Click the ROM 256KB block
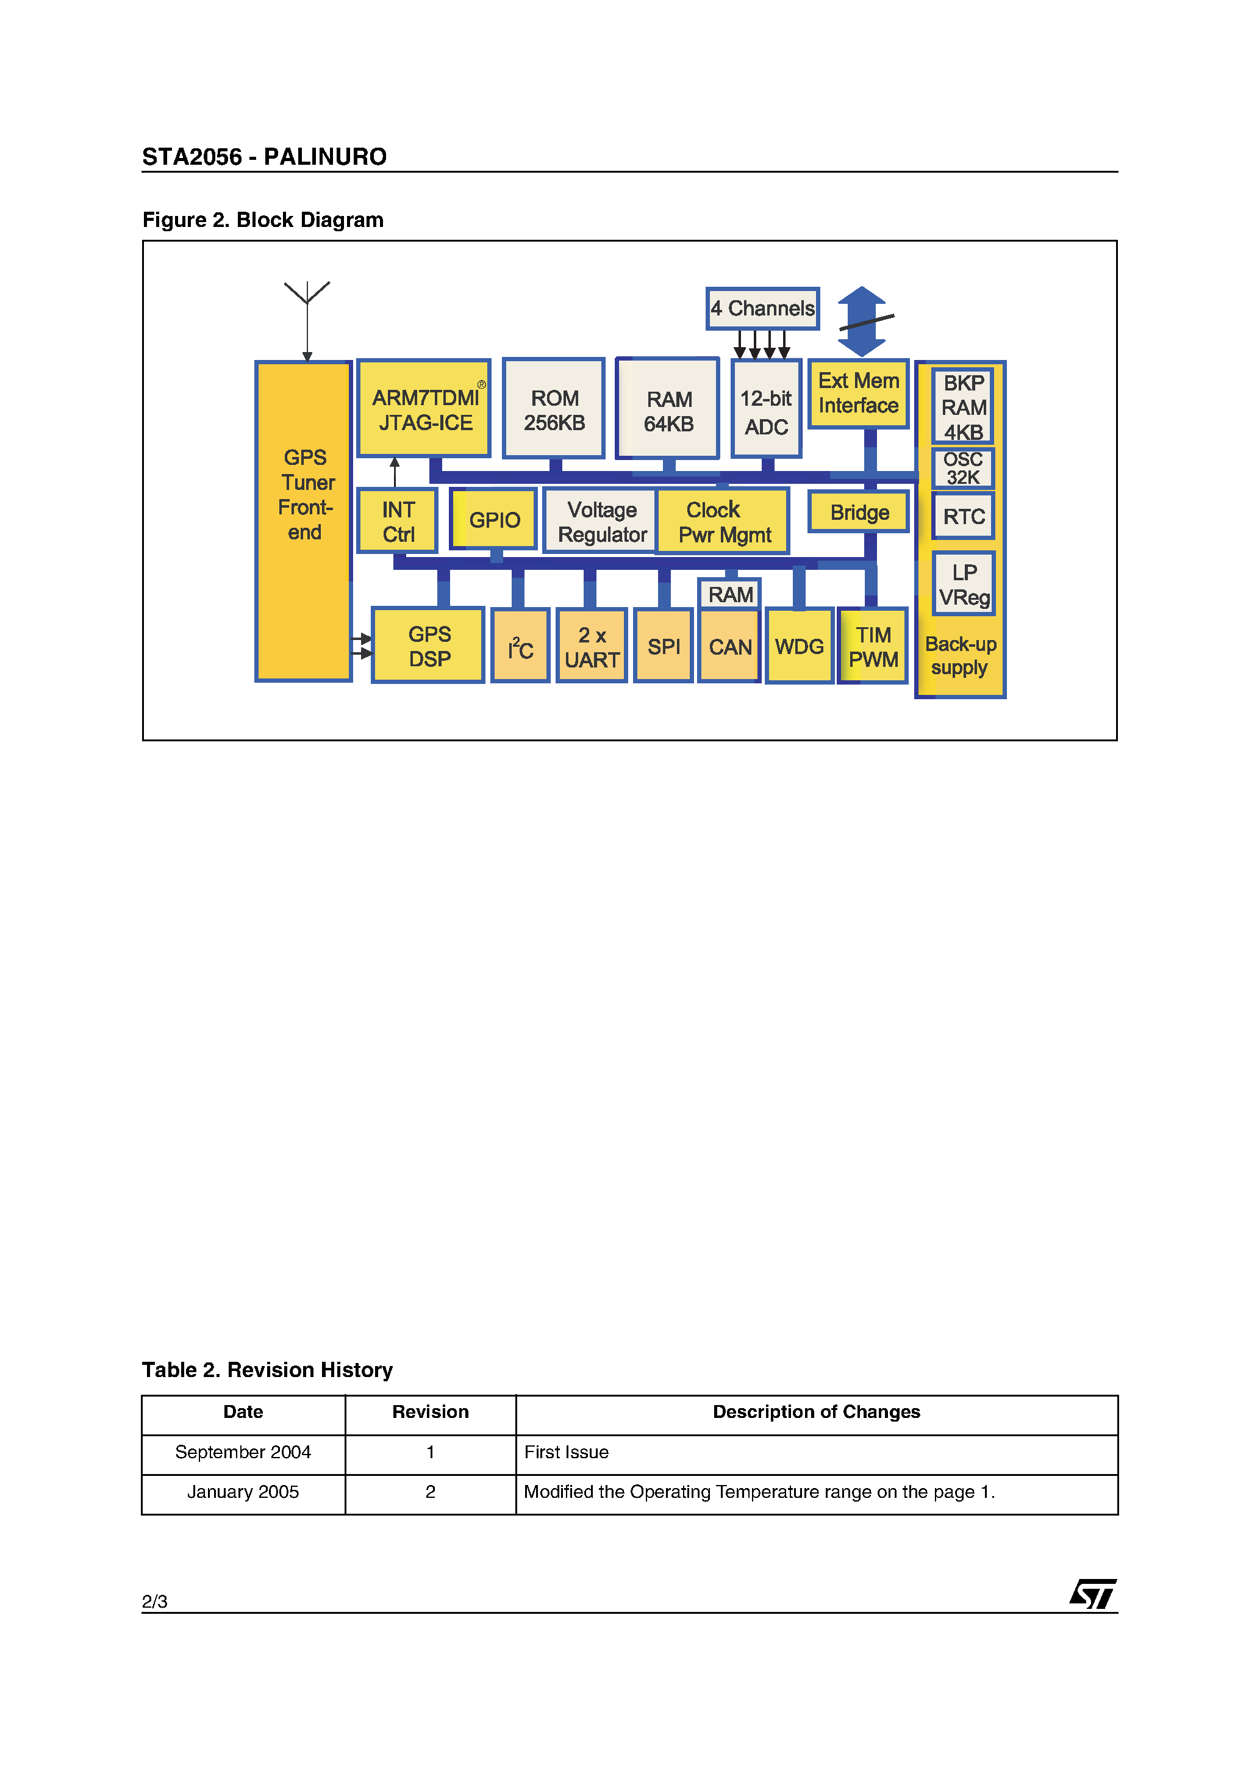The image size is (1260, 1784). [x=554, y=409]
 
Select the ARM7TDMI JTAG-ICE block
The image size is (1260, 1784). [x=424, y=409]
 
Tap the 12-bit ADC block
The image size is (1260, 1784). [x=767, y=409]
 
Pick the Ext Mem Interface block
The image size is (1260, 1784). [x=858, y=393]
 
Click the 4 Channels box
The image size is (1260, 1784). [x=762, y=309]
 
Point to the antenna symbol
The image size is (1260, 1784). [x=307, y=293]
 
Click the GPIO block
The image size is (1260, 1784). [x=494, y=519]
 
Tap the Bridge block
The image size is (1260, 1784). [x=859, y=512]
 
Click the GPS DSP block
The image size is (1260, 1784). [x=429, y=646]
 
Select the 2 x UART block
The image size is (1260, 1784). [x=592, y=647]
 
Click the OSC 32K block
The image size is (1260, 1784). [x=963, y=469]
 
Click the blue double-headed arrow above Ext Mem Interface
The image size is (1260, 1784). [x=862, y=321]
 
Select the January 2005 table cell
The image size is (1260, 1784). [x=243, y=1492]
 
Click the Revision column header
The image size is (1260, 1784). [x=431, y=1412]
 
